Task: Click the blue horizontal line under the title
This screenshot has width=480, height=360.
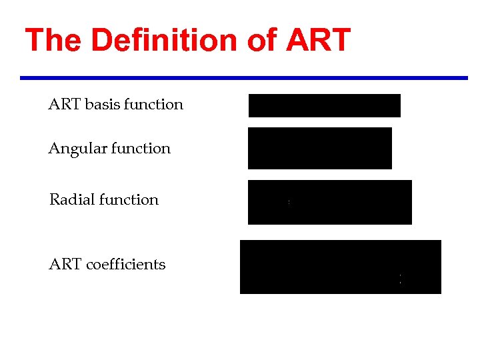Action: click(x=244, y=78)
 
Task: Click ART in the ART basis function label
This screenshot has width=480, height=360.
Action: click(x=65, y=105)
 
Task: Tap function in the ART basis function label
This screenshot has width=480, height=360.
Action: click(x=153, y=105)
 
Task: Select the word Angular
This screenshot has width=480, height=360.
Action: click(x=75, y=149)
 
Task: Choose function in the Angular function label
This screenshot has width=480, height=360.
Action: click(x=141, y=149)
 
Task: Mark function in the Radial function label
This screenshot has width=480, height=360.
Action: click(x=129, y=200)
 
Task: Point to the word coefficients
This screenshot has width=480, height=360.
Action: click(x=126, y=265)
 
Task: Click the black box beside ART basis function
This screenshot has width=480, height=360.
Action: click(x=324, y=105)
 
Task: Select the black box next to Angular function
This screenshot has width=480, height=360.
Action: click(x=319, y=148)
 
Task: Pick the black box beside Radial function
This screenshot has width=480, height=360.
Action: click(x=329, y=202)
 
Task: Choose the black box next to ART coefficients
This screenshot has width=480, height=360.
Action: click(x=340, y=267)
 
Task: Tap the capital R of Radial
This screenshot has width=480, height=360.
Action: click(x=54, y=200)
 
